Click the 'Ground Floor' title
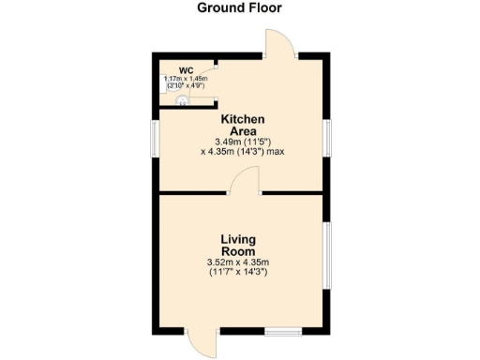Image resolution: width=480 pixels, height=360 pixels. (239, 8)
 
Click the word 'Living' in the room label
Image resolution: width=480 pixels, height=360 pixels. (239, 239)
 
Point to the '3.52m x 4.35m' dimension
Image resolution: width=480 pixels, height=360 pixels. (239, 262)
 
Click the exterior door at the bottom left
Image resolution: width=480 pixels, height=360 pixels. (202, 343)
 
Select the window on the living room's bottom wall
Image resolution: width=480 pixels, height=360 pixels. (281, 331)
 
